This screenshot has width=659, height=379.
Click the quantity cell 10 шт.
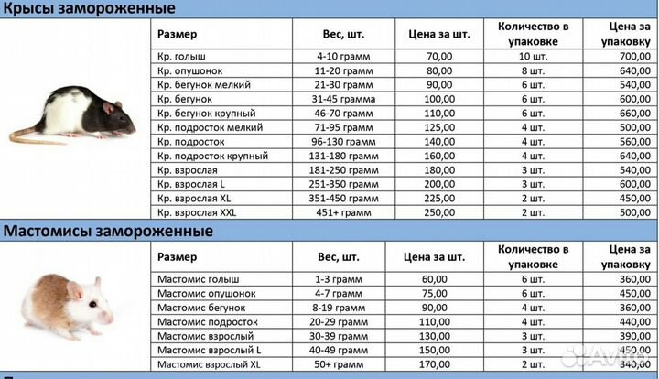pyautogui.click(x=533, y=56)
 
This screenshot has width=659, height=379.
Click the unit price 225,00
pyautogui.click(x=438, y=198)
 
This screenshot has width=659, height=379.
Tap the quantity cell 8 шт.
pyautogui.click(x=533, y=70)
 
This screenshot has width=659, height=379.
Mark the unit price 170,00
pyautogui.click(x=438, y=363)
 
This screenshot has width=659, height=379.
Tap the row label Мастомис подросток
pyautogui.click(x=206, y=321)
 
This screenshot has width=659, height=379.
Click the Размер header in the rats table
pyautogui.click(x=175, y=34)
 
